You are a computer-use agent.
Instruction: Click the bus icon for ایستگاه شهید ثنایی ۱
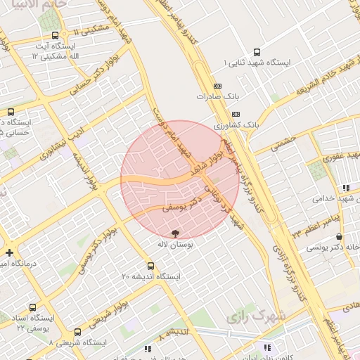(x=256, y=52)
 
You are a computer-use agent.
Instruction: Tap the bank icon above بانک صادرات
(x=217, y=86)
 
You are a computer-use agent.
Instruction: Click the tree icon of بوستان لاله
(x=174, y=233)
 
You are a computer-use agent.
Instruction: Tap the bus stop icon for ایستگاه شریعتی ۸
(x=77, y=331)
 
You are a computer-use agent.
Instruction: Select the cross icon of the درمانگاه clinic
(x=8, y=252)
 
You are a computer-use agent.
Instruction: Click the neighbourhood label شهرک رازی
(x=257, y=317)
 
